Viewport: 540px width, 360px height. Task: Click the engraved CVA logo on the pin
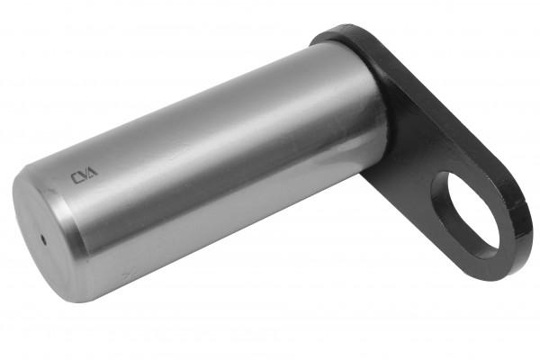pyautogui.click(x=84, y=175)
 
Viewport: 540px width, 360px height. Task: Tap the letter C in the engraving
pyautogui.click(x=75, y=178)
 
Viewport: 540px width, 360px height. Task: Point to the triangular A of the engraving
pyautogui.click(x=93, y=171)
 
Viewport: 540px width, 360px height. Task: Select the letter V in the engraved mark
pyautogui.click(x=84, y=175)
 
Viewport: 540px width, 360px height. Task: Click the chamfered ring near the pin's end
pyautogui.click(x=66, y=220)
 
